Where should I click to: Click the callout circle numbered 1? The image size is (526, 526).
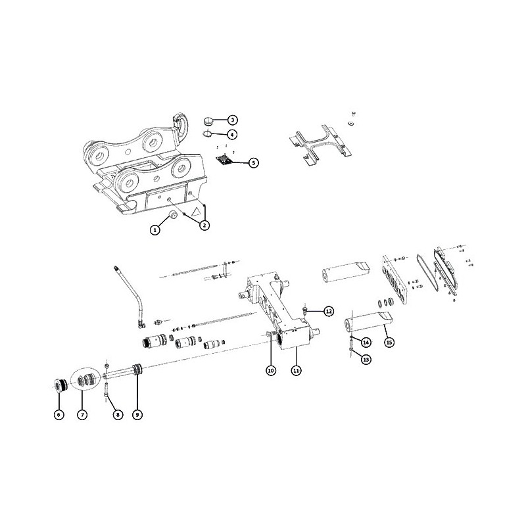pos(155,229)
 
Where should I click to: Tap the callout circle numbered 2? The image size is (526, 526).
pos(204,225)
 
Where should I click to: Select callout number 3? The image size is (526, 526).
pos(232,120)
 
